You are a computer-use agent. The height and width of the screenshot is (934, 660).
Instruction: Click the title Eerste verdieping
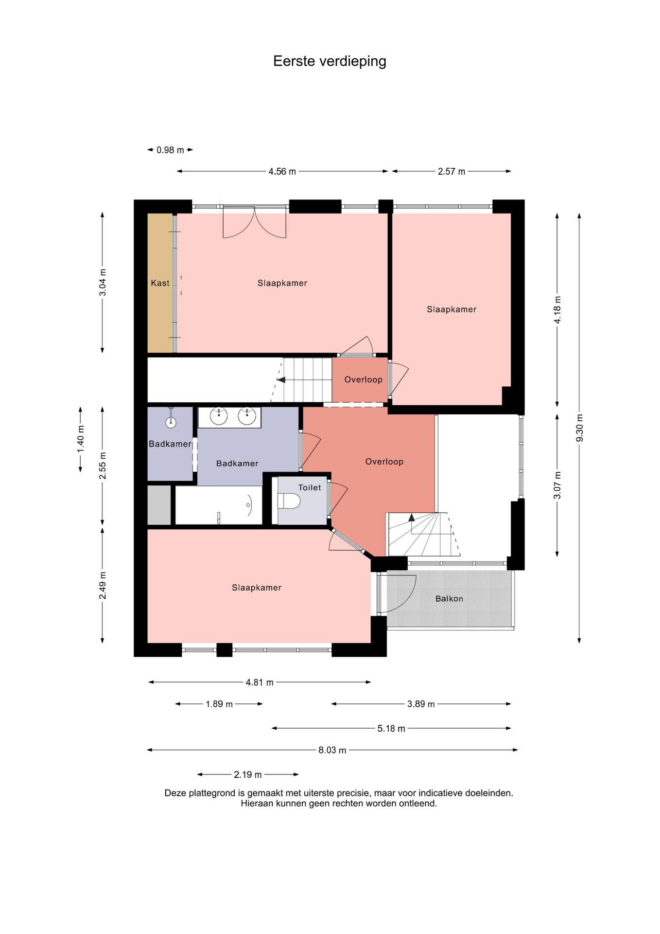pos(330,61)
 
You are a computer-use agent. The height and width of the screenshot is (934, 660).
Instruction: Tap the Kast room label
pos(160,283)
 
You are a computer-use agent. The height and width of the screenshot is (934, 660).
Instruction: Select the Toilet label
pos(310,487)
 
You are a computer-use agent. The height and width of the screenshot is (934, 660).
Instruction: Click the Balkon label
pos(449,599)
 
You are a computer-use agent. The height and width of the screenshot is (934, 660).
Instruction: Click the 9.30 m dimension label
pos(579,428)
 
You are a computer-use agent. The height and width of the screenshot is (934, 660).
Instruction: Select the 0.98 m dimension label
pos(170,150)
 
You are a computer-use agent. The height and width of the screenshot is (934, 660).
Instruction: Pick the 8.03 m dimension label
pos(332,750)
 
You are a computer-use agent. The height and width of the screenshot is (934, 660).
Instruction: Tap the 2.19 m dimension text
pos(248,774)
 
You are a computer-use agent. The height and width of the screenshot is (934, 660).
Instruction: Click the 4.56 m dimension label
pos(282,172)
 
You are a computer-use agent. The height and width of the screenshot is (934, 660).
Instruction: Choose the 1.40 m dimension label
pos(81,439)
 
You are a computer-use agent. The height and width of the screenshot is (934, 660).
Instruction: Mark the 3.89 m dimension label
pos(421,704)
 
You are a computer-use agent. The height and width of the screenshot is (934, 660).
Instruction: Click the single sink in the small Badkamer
pos(171,422)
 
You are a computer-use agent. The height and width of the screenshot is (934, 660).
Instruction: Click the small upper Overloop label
pos(364,380)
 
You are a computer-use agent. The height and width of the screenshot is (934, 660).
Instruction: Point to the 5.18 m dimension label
pos(391,729)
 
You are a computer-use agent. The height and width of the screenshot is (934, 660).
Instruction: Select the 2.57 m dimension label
pos(452,172)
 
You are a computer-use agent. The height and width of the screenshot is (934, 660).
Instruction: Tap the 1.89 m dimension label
pos(219,704)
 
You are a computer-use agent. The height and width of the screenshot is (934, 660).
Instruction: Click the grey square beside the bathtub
pos(159,505)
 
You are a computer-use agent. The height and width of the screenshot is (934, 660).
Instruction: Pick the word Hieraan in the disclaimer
pos(257,804)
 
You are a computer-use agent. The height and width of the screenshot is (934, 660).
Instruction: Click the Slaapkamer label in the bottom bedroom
pos(257,588)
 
